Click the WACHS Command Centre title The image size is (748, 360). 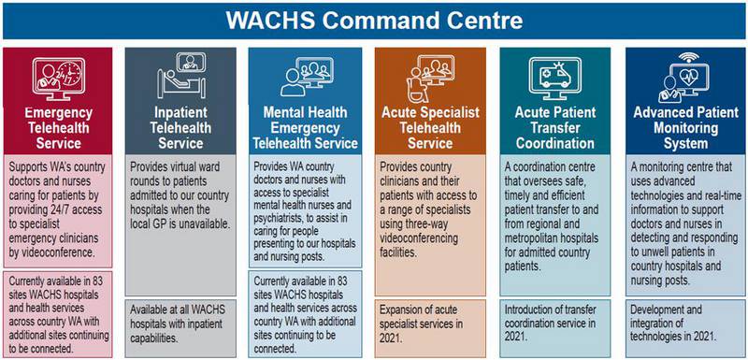373,19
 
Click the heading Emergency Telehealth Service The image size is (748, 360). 58,129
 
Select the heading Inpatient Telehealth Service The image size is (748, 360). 180,129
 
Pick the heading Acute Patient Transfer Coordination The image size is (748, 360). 555,129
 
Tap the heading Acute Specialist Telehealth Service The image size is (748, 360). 430,129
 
